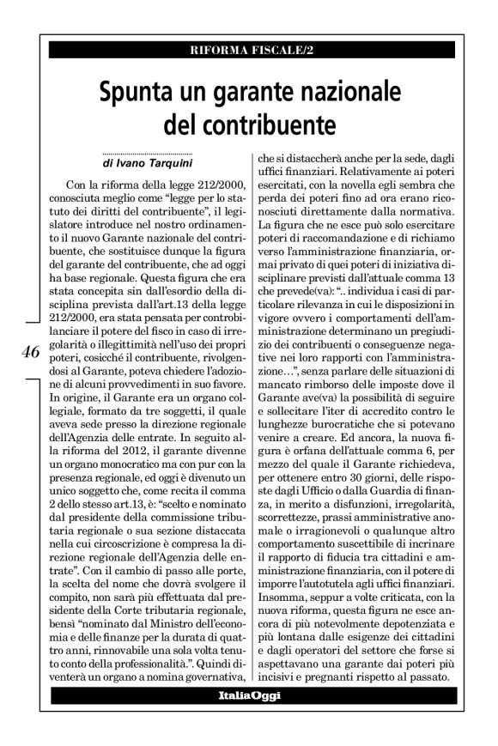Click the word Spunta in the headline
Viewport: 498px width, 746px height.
click(141, 91)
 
